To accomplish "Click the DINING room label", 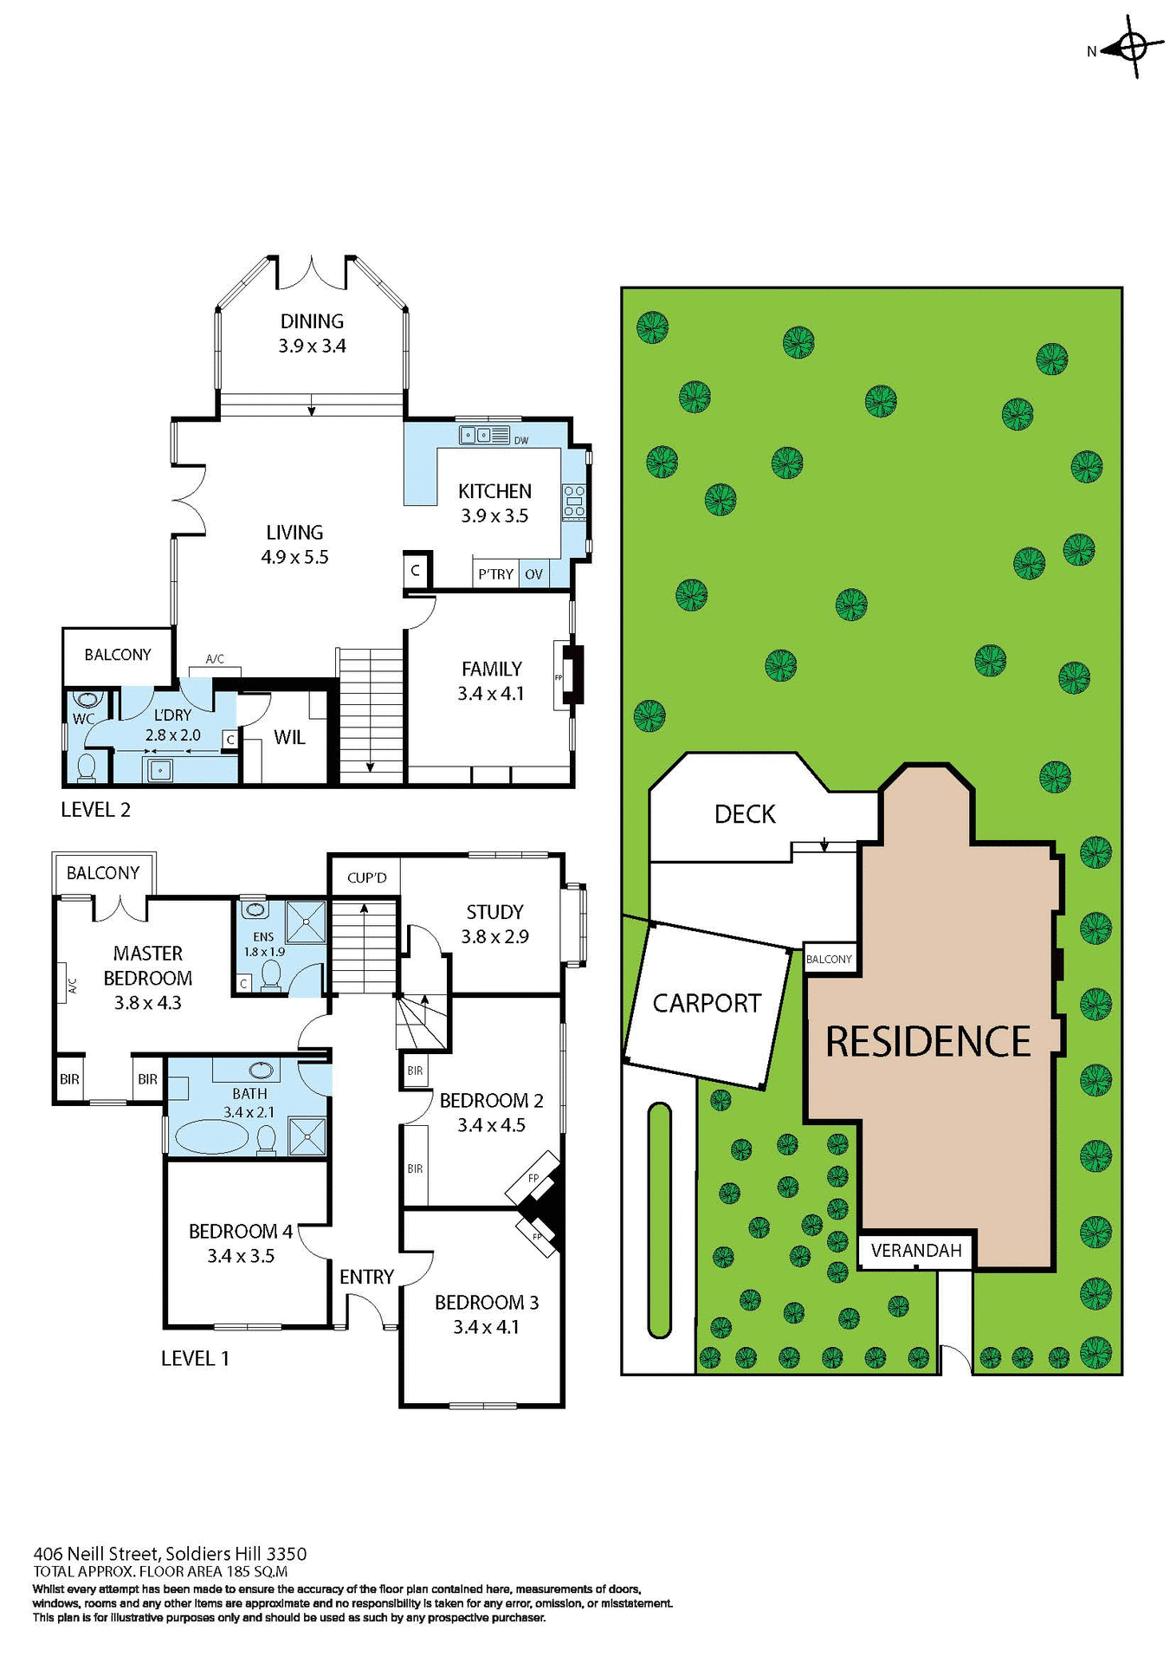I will [312, 321].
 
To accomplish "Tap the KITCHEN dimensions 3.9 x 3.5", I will [494, 516].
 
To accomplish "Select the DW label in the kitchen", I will [521, 441].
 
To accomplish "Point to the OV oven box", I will [533, 574].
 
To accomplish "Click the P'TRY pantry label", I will [495, 574].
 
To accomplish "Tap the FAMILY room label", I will [491, 669].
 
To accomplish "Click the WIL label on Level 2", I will [289, 737].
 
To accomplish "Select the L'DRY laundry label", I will [172, 715].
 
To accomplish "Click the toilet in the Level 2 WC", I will [87, 767].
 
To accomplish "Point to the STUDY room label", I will [494, 912].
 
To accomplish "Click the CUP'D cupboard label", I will [366, 877].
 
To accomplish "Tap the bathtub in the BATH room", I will [213, 1136].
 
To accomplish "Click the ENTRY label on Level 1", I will [366, 1277].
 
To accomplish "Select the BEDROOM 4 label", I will [241, 1231].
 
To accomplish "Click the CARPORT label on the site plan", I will [707, 1003].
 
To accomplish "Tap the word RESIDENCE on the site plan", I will [927, 1042].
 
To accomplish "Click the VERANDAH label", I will [916, 1251].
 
